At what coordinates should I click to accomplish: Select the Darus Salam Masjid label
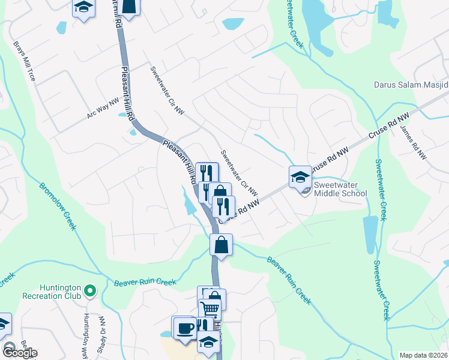(x=411, y=85)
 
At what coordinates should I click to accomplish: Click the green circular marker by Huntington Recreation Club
(x=90, y=292)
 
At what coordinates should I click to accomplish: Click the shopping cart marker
(x=209, y=309)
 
